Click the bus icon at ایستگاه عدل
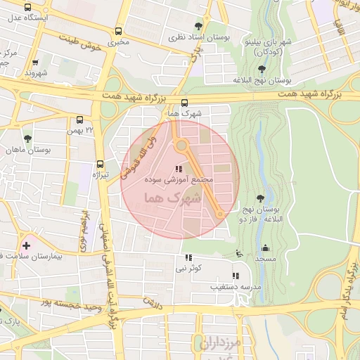coord(28,4)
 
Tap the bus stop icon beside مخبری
coord(118,31)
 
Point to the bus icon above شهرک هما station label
coord(184,102)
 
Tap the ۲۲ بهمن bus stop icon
coord(79,120)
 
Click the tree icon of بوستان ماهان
coord(27,139)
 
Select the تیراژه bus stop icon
coord(100,164)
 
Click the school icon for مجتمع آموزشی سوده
coord(178,169)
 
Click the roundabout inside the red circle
coord(182,146)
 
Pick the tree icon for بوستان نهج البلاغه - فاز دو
coord(262,198)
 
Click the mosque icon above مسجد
coord(265,247)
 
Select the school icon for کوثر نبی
coord(188,257)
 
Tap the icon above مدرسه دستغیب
coord(236,276)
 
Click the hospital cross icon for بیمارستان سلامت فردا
coord(26,245)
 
